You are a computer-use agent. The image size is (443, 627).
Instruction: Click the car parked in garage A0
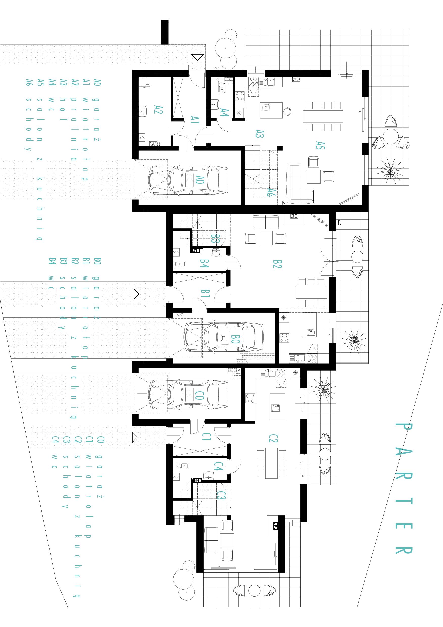coord(188,180)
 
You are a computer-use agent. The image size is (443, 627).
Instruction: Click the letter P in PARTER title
coord(404,431)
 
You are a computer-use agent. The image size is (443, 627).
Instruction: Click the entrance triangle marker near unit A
coord(197,57)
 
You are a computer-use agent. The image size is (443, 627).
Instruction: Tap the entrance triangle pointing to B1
coord(136,294)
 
